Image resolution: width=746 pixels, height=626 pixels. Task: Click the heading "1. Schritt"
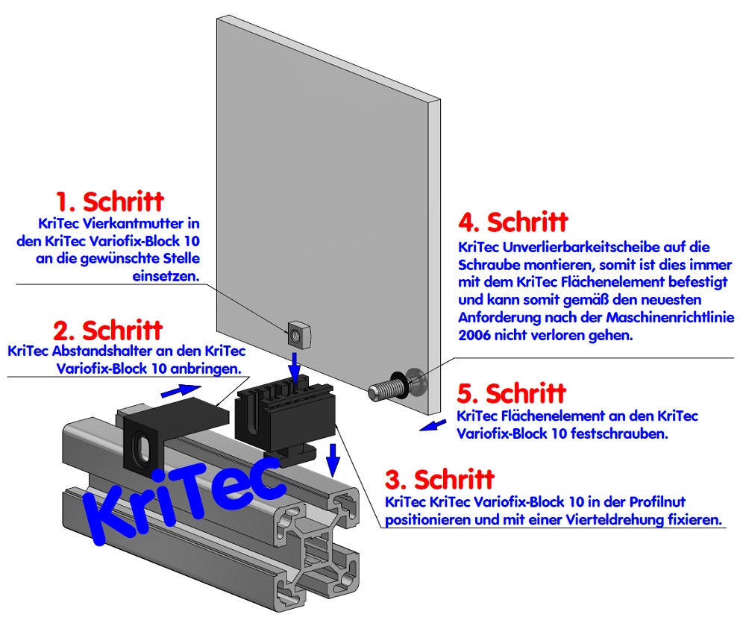[110, 201]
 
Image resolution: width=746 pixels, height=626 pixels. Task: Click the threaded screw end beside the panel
[383, 389]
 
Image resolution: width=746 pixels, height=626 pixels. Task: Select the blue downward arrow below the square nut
[296, 366]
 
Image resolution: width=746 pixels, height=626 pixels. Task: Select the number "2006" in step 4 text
[473, 336]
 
